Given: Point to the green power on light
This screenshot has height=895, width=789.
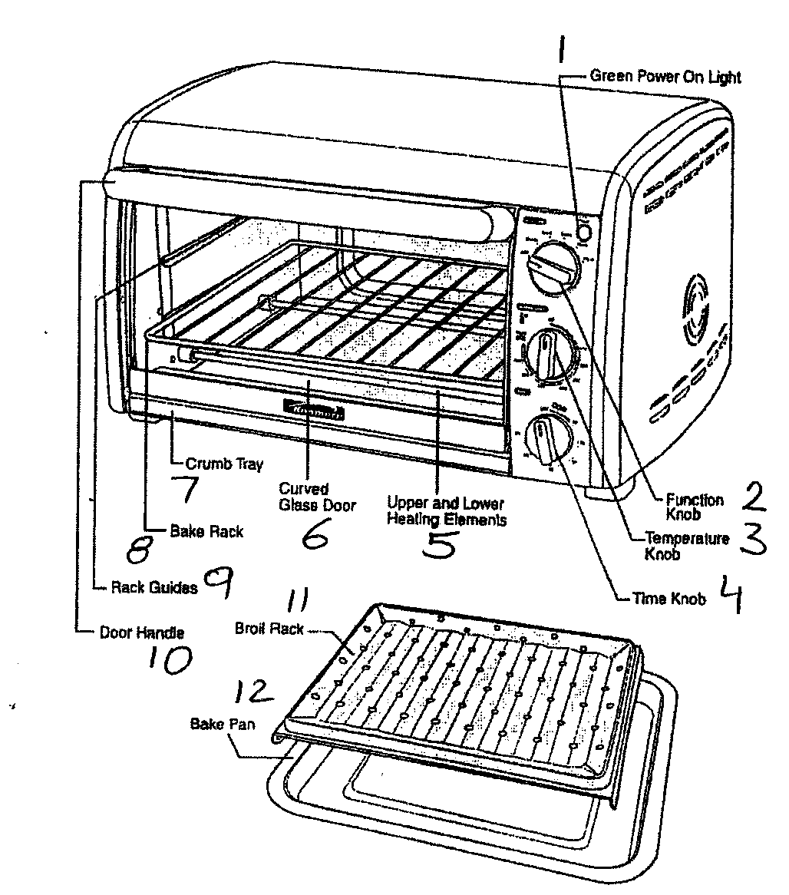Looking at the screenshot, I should click(x=584, y=232).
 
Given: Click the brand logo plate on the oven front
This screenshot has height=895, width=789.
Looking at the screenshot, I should click(x=315, y=410).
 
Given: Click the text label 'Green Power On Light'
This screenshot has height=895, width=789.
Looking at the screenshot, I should click(x=665, y=77).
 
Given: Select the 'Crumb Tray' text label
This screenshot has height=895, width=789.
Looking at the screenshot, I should click(x=224, y=464).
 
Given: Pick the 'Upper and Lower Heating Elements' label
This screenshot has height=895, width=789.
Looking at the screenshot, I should click(x=445, y=511).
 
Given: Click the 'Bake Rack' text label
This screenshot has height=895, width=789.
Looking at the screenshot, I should click(x=206, y=530).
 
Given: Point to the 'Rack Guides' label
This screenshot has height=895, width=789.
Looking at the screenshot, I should click(x=154, y=587).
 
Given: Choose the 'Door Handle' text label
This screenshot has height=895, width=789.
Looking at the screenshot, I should click(x=142, y=633).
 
